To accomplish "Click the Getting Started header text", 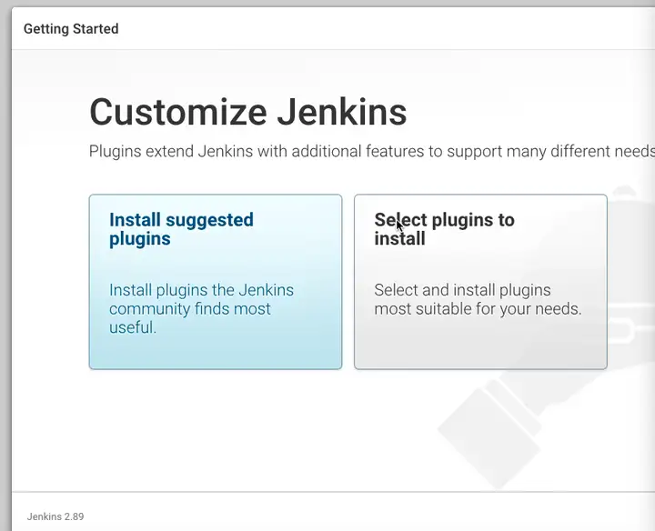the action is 71,29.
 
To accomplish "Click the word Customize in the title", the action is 178,112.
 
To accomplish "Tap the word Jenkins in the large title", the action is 342,112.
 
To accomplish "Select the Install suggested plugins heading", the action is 181,229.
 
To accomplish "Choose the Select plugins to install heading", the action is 444,229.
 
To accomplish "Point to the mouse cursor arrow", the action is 399,225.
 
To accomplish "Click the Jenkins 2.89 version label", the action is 55,516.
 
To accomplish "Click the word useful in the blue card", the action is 133,327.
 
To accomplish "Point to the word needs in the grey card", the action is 559,309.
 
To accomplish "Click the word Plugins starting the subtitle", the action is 116,152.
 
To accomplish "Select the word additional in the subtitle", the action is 327,151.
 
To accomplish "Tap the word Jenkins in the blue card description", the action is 266,290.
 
